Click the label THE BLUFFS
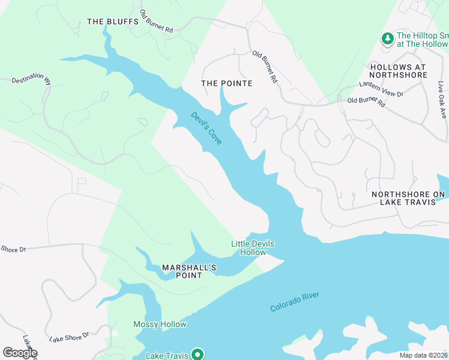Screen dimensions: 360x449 [x=113, y=22]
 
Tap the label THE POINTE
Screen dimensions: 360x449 [x=226, y=83]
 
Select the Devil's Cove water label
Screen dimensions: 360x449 [x=206, y=128]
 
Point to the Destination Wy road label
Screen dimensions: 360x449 [x=31, y=79]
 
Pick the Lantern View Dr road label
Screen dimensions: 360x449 [x=381, y=89]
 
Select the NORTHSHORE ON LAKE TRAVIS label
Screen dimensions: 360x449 [x=408, y=198]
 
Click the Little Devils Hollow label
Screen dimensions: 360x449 [x=249, y=248]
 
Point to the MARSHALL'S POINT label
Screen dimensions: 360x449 [x=189, y=271]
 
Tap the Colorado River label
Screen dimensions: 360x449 [x=294, y=302]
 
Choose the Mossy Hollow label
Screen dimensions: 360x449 [x=160, y=325]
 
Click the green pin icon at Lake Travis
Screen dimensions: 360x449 [x=196, y=355]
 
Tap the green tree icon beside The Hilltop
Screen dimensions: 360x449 [x=388, y=39]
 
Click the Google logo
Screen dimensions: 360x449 [x=20, y=353]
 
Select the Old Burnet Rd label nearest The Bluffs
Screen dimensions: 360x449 [x=156, y=21]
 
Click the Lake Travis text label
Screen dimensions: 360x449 [x=167, y=356]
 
